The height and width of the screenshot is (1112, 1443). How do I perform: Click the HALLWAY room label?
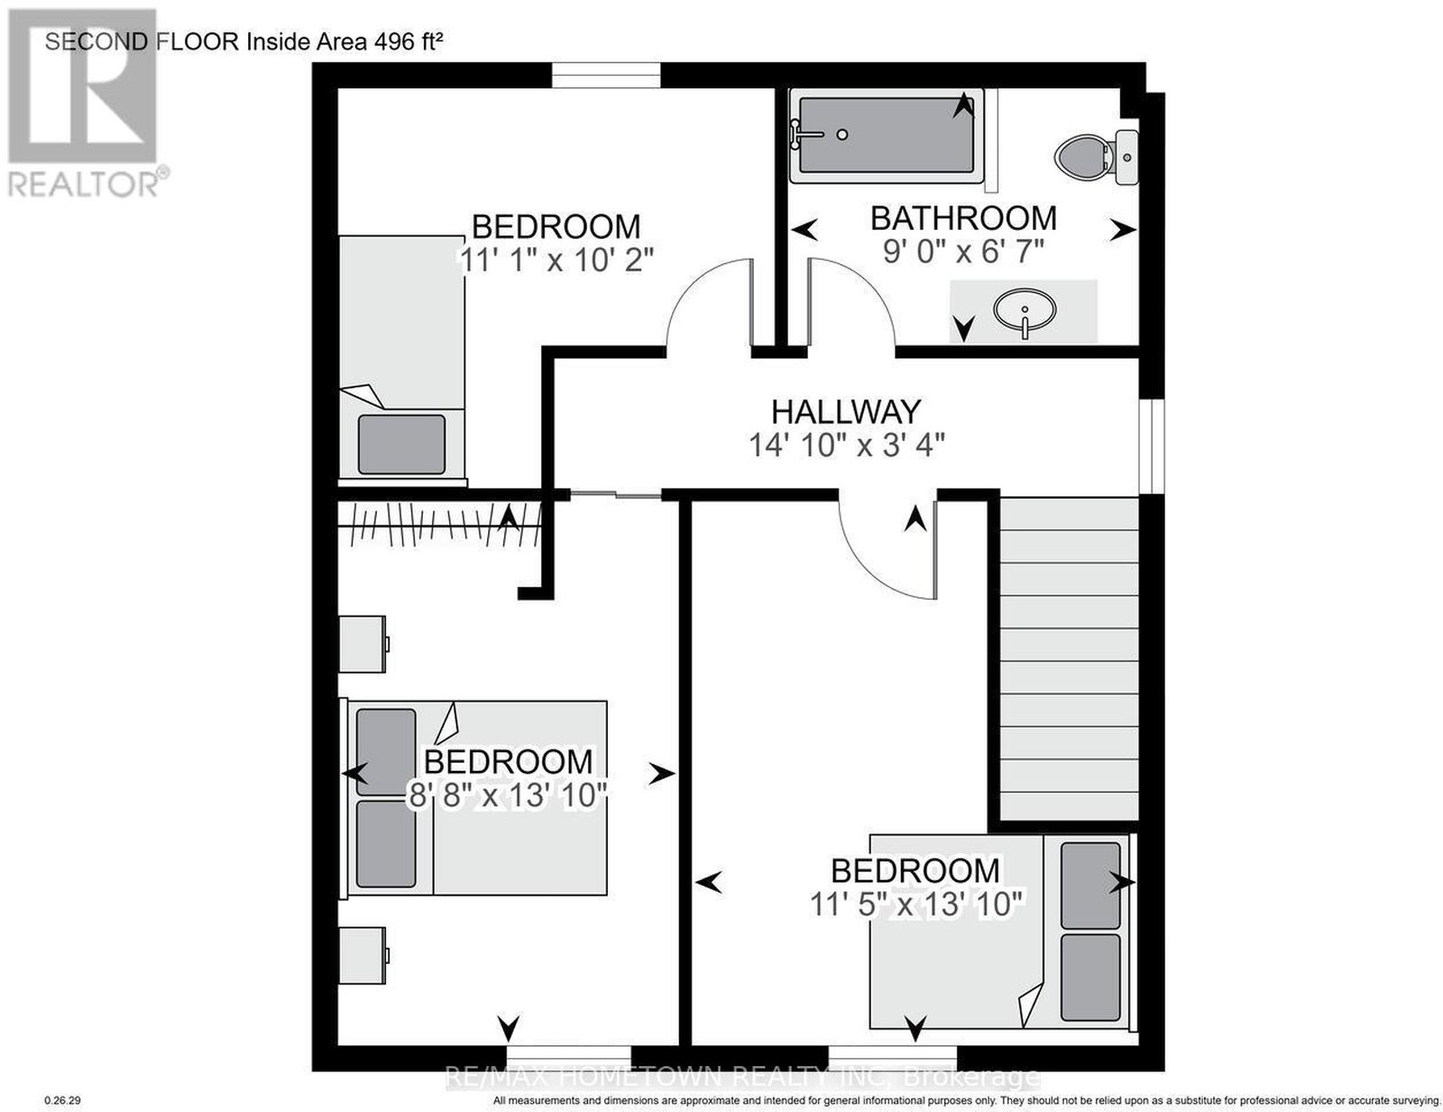tap(845, 412)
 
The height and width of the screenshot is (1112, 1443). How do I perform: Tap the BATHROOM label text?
tap(963, 218)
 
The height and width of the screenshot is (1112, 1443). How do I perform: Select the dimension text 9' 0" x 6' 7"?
tap(963, 252)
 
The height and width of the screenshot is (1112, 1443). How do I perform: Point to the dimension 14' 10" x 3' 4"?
tap(847, 446)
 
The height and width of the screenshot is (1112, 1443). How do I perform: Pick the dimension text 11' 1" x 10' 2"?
tap(556, 260)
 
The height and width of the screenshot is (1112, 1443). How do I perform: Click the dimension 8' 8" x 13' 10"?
tap(508, 795)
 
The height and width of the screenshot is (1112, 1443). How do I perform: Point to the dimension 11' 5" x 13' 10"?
tap(918, 904)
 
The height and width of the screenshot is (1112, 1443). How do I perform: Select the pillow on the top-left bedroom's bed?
tap(401, 444)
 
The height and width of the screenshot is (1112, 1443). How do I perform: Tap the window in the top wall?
tap(606, 75)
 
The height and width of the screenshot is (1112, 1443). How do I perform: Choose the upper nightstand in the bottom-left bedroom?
tap(363, 644)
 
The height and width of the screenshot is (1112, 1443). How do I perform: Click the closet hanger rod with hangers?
tap(439, 525)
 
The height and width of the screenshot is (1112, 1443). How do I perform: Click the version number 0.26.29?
tap(62, 1100)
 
